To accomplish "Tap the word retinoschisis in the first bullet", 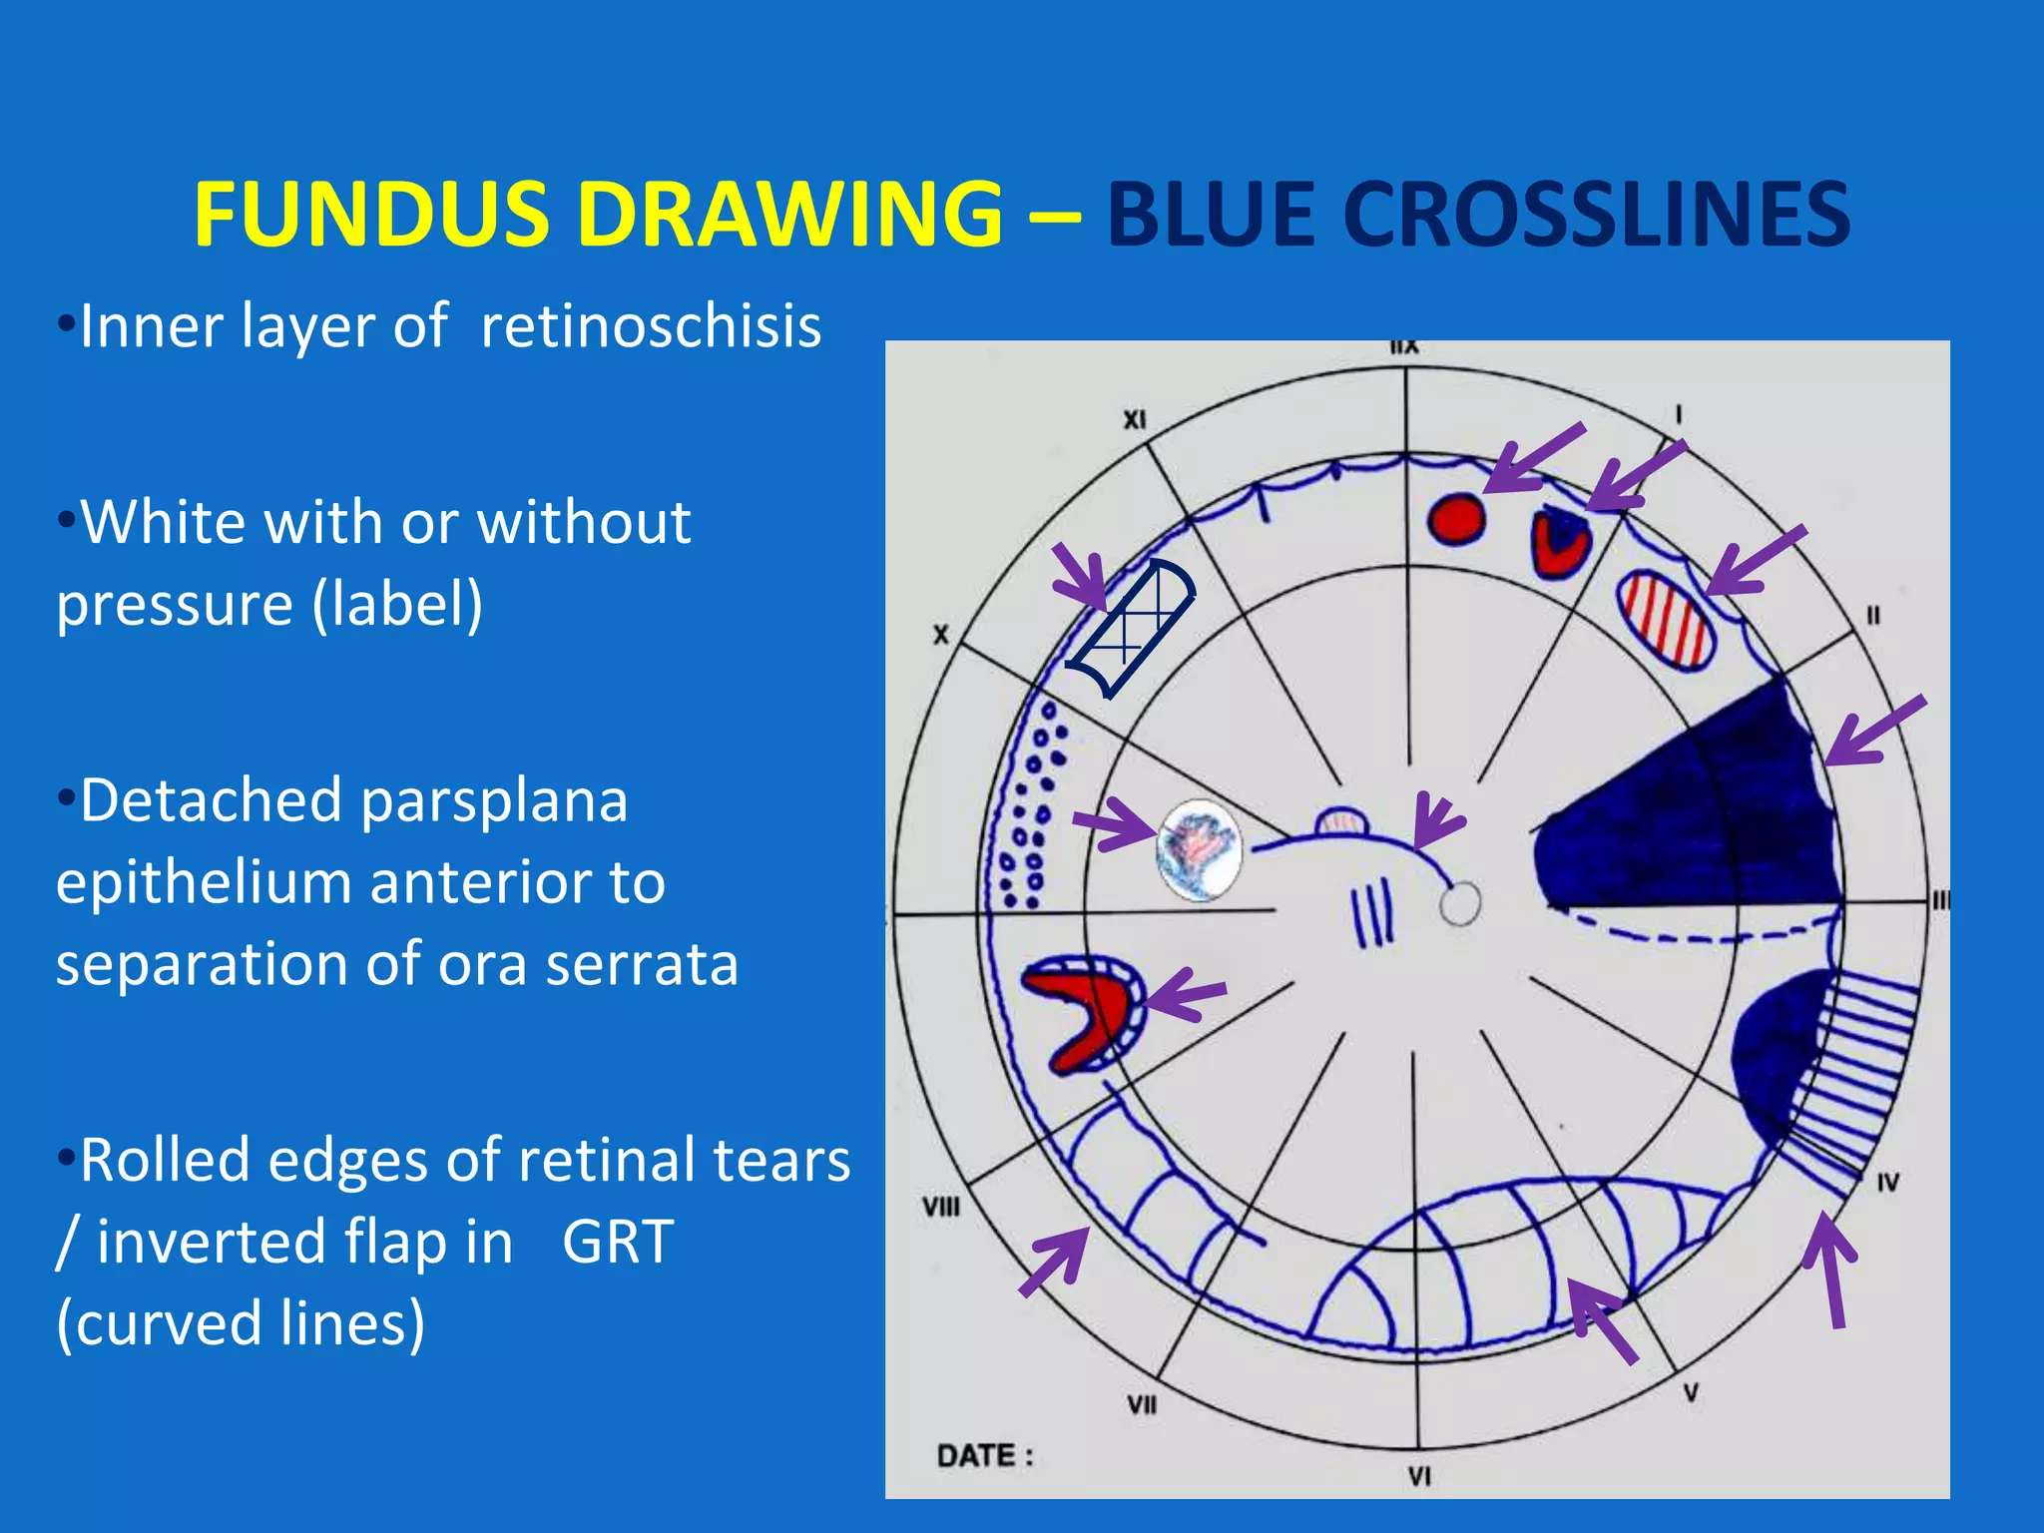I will click(651, 326).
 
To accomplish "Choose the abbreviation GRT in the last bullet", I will click(618, 1242).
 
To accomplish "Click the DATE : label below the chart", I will click(984, 1456).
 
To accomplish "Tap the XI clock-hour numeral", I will click(1135, 420).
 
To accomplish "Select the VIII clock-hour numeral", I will click(940, 1208).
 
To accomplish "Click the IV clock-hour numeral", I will click(1887, 1183).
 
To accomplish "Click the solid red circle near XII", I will click(1456, 520).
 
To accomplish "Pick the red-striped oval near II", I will click(1666, 620).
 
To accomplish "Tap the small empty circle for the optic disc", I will click(1460, 904).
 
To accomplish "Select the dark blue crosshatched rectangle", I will click(1131, 629).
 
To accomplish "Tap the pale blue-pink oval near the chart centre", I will click(1199, 850).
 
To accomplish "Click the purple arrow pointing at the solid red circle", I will click(1532, 460).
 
